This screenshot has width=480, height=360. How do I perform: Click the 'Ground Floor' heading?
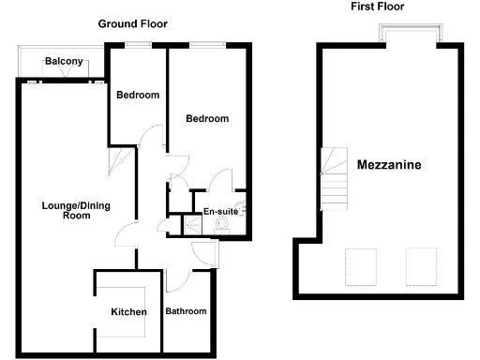click(133, 23)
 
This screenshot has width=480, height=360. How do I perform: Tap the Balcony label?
click(65, 63)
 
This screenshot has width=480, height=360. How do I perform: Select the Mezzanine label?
click(389, 165)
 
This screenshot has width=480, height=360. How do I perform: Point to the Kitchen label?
click(128, 312)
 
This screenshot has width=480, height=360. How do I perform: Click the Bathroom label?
click(186, 311)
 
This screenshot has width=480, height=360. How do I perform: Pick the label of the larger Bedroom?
click(206, 119)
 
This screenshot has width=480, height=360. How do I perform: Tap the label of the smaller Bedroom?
click(137, 95)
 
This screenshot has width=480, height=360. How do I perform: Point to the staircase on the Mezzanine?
click(336, 179)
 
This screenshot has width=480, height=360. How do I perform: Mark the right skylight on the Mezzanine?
click(419, 265)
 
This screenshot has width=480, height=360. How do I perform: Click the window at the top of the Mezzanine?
click(410, 36)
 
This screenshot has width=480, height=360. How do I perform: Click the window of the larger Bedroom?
click(206, 44)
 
